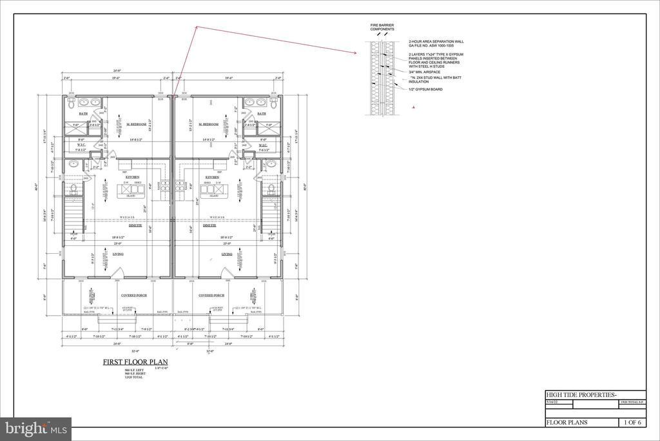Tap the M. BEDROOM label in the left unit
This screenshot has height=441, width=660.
click(x=136, y=124)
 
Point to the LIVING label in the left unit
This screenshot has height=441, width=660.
click(x=119, y=254)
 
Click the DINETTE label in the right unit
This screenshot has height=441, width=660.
click(x=209, y=225)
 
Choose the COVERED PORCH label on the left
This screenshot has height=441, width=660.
click(x=134, y=295)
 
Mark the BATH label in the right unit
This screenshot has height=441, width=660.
click(x=261, y=114)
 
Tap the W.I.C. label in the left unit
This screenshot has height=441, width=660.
click(x=82, y=145)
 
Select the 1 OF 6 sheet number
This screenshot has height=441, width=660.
click(x=632, y=422)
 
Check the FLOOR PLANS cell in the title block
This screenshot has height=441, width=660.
click(x=567, y=422)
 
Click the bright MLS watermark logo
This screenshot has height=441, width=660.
click(x=35, y=429)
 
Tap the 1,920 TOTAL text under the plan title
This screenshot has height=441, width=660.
click(x=133, y=376)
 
